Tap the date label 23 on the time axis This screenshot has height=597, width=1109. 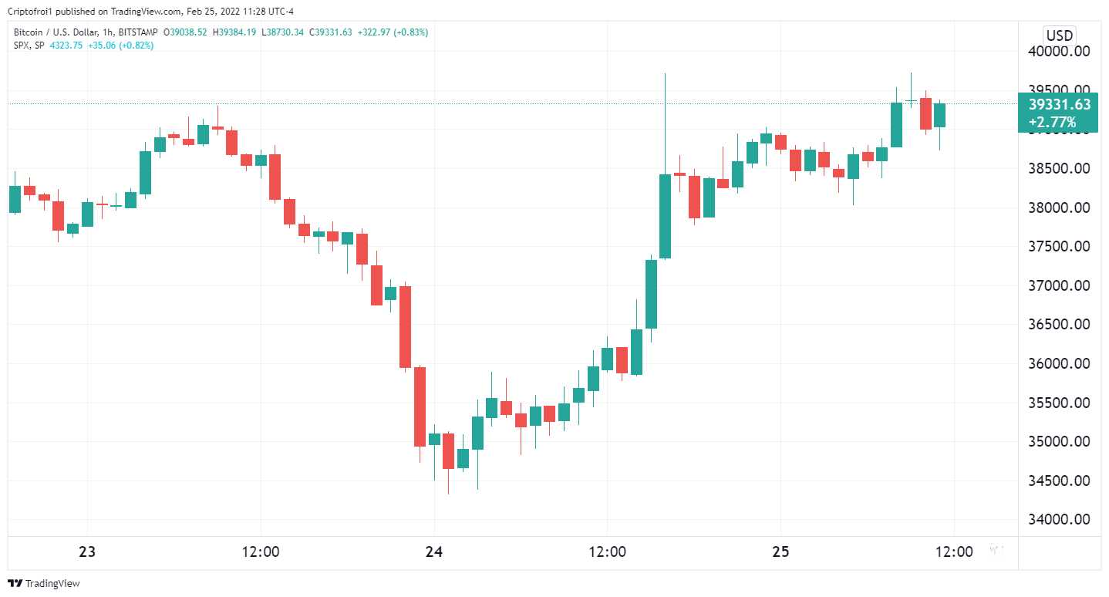click(87, 551)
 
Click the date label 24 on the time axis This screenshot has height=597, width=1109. click(434, 551)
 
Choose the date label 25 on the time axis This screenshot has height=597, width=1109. click(780, 551)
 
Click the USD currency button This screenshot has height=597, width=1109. click(1059, 35)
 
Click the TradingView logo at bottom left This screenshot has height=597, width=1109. click(44, 584)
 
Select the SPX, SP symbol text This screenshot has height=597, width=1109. click(29, 46)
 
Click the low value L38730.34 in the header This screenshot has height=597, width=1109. click(285, 32)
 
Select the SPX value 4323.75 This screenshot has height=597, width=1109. click(66, 46)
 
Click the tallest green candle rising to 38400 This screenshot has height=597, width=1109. click(665, 216)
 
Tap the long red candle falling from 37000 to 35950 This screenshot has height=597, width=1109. click(405, 326)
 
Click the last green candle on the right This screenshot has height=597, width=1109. click(939, 115)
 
